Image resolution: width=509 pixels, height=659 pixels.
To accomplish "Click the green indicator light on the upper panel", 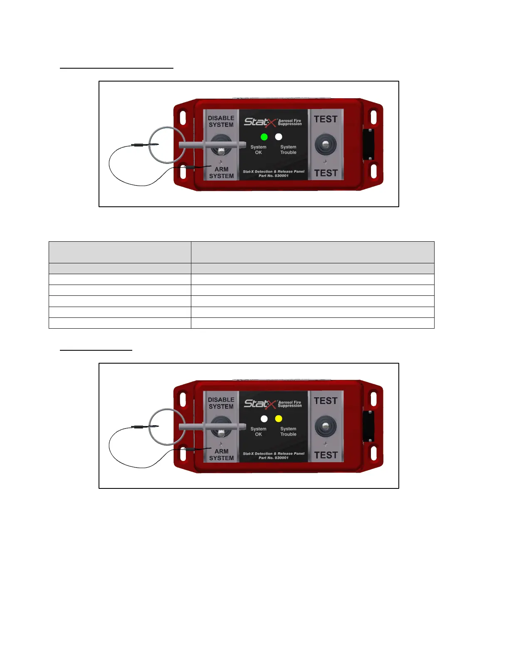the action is tap(264, 137).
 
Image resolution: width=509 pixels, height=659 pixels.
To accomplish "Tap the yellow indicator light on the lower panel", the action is tap(279, 419).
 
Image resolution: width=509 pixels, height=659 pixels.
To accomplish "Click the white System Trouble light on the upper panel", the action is tap(279, 137).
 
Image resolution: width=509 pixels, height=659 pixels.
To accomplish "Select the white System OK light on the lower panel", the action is tap(264, 419).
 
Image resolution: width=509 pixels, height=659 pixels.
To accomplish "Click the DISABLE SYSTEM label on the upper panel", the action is tap(221, 121).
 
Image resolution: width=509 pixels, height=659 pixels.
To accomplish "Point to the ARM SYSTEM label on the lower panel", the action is tap(221, 455).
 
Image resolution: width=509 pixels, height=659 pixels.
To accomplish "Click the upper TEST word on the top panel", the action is tap(326, 119).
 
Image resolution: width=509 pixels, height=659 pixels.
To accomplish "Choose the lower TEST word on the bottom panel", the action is tap(326, 455).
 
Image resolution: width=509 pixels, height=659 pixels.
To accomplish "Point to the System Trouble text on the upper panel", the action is tap(288, 150).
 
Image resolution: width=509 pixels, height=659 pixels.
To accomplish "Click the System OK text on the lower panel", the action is tap(258, 431).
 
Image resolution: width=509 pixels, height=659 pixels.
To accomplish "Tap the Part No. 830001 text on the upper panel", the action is tap(274, 176).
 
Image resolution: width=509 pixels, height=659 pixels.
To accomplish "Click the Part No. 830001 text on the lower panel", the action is tap(274, 458).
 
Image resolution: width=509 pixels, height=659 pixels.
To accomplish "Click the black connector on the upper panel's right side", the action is tap(368, 144).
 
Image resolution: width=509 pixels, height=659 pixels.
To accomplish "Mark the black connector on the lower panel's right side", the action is tap(368, 426).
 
